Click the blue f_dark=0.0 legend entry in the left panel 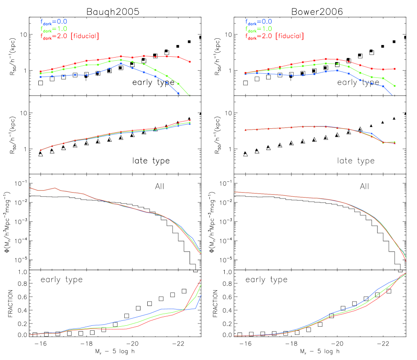coord(54,21)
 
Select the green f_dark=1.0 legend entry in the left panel coord(54,29)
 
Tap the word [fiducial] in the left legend coord(84,36)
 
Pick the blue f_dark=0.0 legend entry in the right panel coord(258,21)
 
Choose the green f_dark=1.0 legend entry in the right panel coord(258,29)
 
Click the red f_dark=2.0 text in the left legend coord(54,36)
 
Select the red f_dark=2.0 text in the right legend coord(258,36)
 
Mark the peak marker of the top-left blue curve coord(121,63)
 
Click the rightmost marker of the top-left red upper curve coord(190,62)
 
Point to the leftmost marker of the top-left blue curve coord(41,77)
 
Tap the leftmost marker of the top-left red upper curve coord(41,72)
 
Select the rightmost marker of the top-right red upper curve coord(395,69)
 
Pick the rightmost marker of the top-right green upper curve coord(395,86)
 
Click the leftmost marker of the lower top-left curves coord(41,150)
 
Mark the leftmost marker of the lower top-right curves coord(245,130)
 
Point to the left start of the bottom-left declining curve coord(30,188)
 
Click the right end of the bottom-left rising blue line coord(200,296)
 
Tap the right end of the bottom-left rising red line coord(200,280)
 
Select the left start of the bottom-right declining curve coord(235,192)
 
